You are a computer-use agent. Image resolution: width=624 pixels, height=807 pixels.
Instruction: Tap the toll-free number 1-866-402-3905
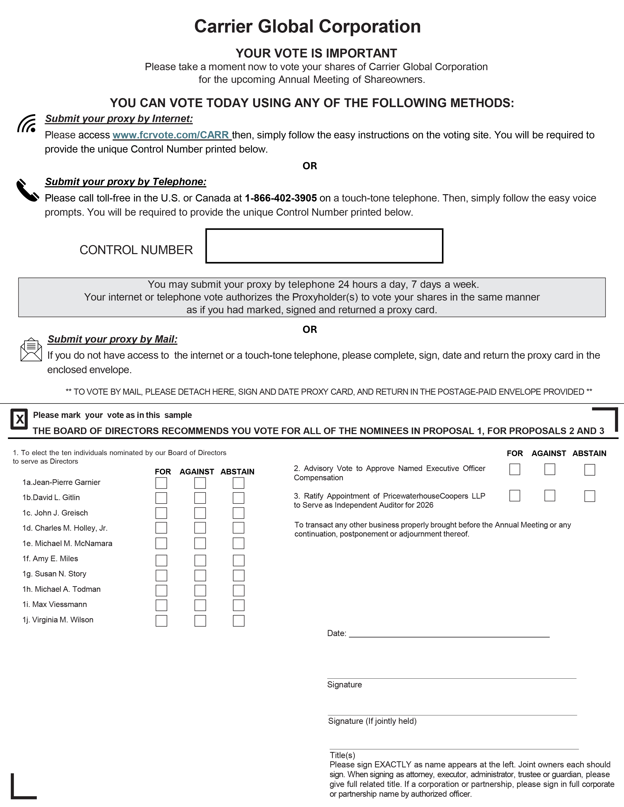coord(281,198)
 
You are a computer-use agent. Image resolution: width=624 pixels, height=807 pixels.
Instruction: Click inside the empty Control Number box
coord(324,246)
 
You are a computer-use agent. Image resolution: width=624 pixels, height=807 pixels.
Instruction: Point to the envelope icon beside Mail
coord(31,349)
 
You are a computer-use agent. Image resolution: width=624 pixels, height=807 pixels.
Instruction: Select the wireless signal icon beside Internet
coord(27,123)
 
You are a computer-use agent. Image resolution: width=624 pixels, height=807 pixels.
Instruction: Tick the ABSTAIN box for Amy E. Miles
coord(238,560)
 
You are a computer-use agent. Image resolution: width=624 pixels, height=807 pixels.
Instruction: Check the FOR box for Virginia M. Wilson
coord(161,621)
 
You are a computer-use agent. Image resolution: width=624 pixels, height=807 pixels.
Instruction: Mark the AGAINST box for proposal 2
coord(550,469)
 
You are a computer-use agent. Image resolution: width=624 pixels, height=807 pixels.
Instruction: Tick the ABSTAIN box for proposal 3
coord(590,496)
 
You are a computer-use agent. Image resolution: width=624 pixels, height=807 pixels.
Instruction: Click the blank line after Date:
coord(449,634)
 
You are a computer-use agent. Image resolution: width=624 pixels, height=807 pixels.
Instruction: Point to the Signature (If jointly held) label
coord(372,721)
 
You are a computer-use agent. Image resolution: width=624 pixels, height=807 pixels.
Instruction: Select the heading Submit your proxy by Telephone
coord(126,182)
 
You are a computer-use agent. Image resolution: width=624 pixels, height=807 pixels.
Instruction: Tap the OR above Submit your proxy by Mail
coord(310,329)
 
